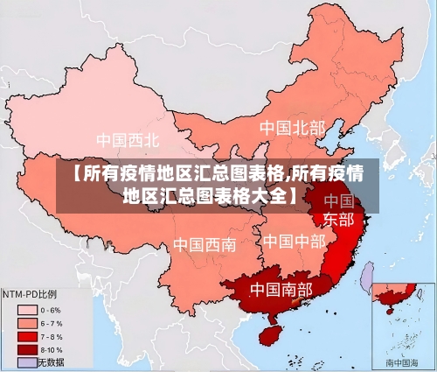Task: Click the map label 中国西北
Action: [128, 139]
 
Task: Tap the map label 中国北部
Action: [291, 129]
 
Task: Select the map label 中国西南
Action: [204, 244]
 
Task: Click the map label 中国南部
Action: [281, 289]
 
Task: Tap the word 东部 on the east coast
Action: [339, 219]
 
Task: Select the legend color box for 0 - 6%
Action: [26, 310]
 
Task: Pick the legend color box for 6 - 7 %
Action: [26, 323]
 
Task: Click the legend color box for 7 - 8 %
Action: [26, 336]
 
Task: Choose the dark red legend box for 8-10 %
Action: [26, 349]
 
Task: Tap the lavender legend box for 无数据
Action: [26, 361]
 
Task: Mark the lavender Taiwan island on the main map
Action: [368, 277]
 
